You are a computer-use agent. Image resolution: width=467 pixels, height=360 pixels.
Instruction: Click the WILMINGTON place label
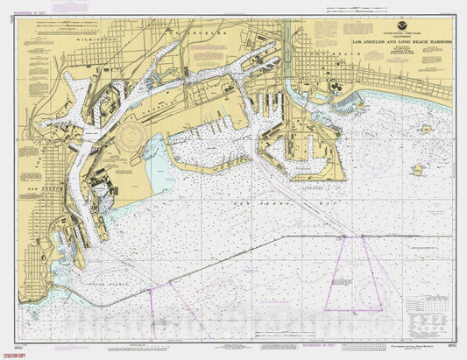click(96, 39)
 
